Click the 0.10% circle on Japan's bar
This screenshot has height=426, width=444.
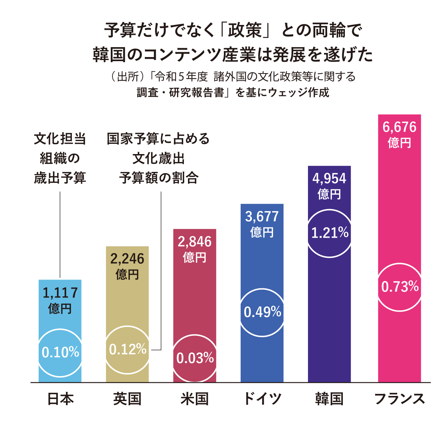[60, 352]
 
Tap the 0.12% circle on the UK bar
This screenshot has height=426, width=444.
[127, 349]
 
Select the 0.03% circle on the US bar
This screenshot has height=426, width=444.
[195, 358]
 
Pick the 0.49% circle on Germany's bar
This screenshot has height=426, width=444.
[262, 312]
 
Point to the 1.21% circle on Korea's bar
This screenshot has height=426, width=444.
[329, 233]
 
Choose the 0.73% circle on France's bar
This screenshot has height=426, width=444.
[400, 287]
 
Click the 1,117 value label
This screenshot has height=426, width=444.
[60, 293]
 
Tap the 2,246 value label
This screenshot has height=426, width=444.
[127, 259]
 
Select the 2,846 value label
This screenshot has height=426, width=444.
[194, 242]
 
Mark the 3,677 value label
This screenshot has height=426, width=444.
[262, 217]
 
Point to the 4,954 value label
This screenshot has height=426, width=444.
[329, 179]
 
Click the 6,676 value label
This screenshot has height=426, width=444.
[399, 127]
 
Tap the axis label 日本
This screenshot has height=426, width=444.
[60, 399]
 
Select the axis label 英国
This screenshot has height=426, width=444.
[127, 399]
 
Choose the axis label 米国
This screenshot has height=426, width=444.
[194, 399]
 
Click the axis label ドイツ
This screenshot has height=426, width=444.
[262, 399]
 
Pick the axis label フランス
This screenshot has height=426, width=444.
[399, 399]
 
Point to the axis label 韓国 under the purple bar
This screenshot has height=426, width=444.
[329, 399]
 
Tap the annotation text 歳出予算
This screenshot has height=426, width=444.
[60, 178]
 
